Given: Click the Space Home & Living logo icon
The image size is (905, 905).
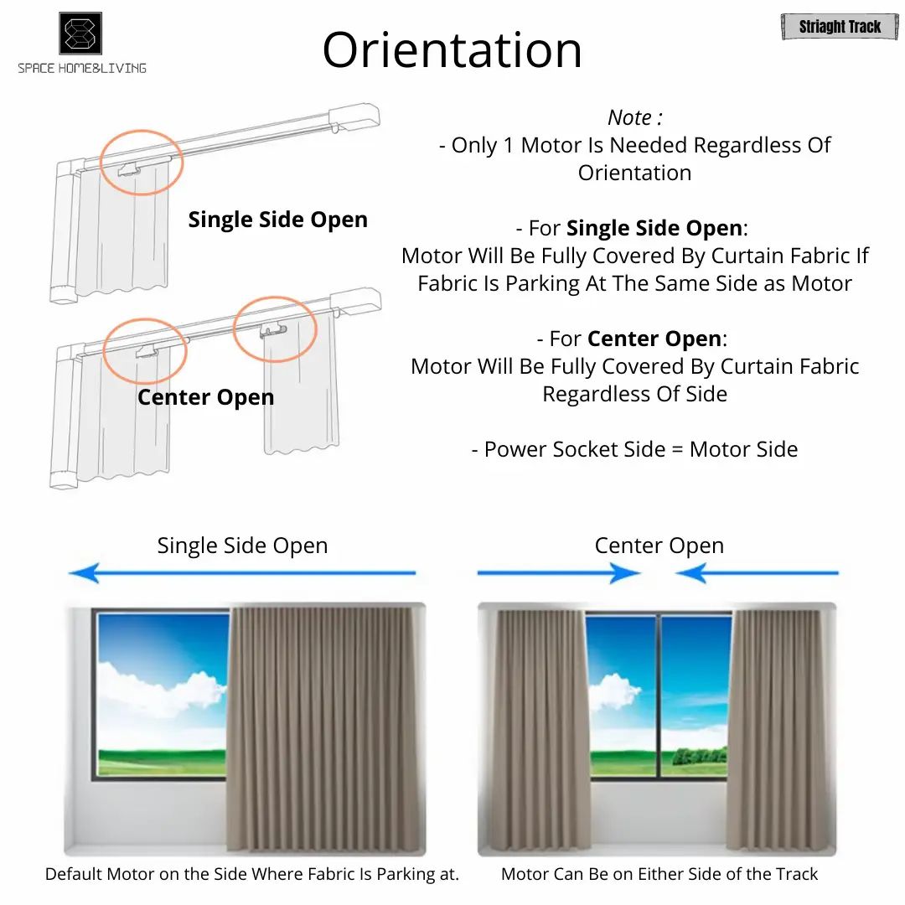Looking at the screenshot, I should tap(80, 34).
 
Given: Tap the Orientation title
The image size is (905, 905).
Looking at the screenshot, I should tap(452, 49).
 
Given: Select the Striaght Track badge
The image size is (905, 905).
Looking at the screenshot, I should tap(840, 27).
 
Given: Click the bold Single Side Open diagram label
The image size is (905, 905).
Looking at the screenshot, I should tap(277, 220).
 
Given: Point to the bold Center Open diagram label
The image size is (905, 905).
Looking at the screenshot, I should tap(205, 396).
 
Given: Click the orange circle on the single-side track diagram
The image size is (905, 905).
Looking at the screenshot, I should tap(141, 162).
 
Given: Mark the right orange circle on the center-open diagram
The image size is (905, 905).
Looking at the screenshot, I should tap(275, 329).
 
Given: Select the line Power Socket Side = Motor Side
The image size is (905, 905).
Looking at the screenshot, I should tap(634, 449).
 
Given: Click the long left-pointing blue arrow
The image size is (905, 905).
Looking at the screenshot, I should tap(242, 573).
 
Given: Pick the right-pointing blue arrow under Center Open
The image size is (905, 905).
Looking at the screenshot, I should tap(558, 573).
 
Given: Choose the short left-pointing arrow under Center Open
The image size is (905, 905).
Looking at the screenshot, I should tap(757, 573).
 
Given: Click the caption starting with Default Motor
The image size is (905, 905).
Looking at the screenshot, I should tap(252, 874).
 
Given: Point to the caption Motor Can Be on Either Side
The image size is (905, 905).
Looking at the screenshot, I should tap(659, 874).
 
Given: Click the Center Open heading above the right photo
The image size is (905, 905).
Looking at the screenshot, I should tap(659, 546).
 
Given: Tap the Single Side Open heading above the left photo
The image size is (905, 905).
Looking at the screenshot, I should tap(242, 546).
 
